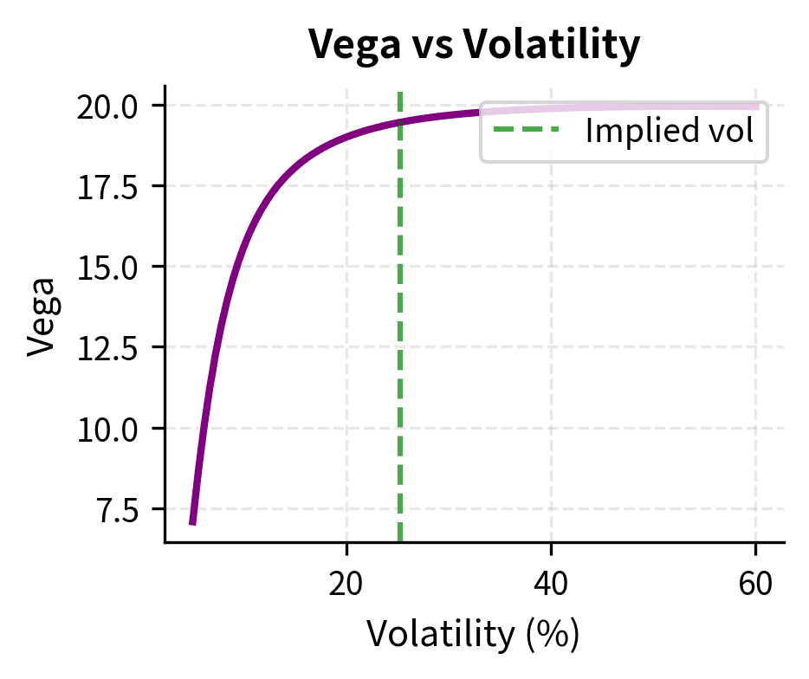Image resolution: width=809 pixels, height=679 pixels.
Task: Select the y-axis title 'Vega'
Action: pyautogui.click(x=42, y=316)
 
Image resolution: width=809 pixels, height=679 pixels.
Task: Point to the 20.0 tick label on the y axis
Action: pyautogui.click(x=108, y=106)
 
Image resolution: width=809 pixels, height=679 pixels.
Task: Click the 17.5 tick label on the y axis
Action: pyautogui.click(x=108, y=186)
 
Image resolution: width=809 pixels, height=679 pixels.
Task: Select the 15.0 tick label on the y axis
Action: pyautogui.click(x=108, y=267)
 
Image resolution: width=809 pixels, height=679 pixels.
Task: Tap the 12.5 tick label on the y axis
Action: pyautogui.click(x=108, y=347)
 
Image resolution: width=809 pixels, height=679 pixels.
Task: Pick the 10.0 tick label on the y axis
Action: pyautogui.click(x=108, y=429)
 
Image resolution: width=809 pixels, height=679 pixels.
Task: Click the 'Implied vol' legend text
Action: pyautogui.click(x=669, y=132)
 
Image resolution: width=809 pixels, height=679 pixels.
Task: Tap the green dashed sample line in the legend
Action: pyautogui.click(x=526, y=132)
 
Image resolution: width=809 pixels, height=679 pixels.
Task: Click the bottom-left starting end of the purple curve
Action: pyautogui.click(x=192, y=523)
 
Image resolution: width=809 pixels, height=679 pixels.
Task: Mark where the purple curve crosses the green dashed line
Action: pyautogui.click(x=400, y=122)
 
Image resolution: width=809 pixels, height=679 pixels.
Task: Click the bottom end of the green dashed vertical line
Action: pyautogui.click(x=400, y=541)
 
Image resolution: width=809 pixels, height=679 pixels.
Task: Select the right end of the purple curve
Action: pyautogui.click(x=758, y=107)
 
